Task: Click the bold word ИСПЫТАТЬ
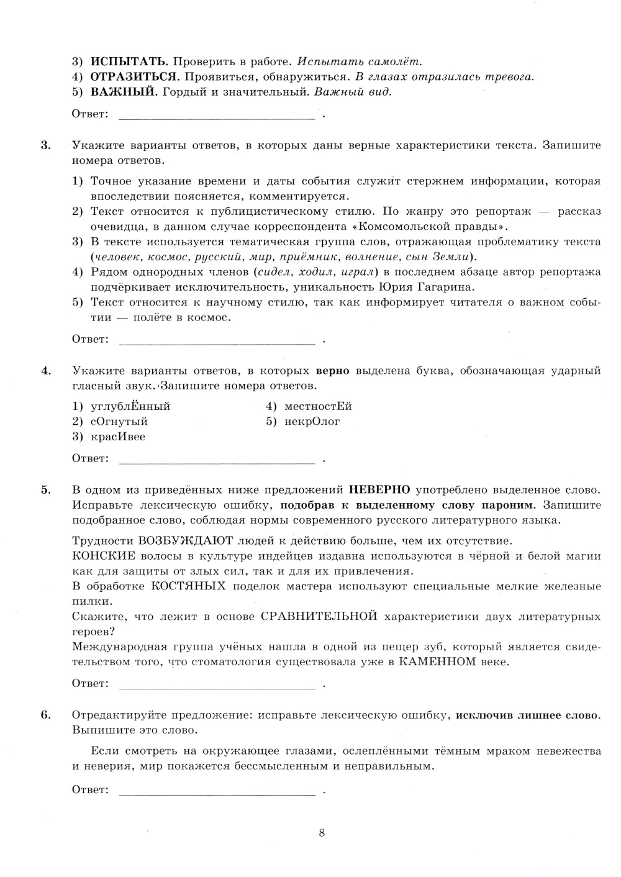pos(129,61)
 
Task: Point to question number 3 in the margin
pos(46,145)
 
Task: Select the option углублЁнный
pos(130,407)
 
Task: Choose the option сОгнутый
pos(119,422)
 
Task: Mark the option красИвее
pos(118,437)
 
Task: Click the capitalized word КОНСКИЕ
pos(99,556)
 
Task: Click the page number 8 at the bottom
pos(322,833)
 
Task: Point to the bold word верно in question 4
pos(333,371)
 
